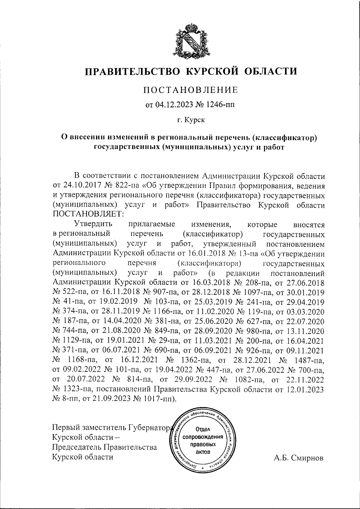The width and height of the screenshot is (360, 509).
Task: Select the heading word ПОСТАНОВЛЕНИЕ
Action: pyautogui.click(x=190, y=89)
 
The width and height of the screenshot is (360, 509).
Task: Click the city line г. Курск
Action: pyautogui.click(x=191, y=121)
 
